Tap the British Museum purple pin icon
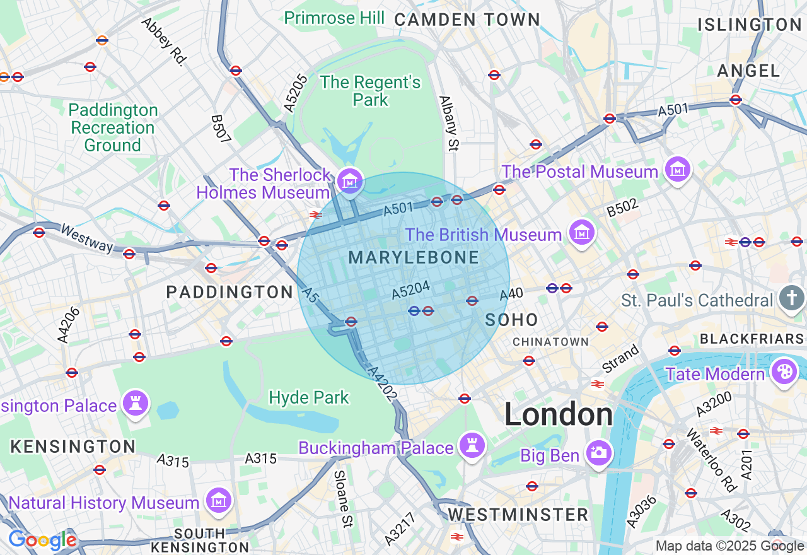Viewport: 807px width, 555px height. tap(581, 233)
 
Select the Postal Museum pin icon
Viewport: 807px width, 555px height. tap(678, 169)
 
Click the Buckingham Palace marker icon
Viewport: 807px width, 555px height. tap(472, 445)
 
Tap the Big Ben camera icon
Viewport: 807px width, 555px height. tap(598, 452)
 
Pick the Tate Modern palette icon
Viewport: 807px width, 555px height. tap(784, 371)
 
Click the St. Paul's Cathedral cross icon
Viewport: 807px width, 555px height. tap(791, 298)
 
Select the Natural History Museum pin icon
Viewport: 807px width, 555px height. tap(219, 501)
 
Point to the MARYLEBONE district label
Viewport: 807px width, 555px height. tap(413, 257)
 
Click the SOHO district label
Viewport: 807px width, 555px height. tap(511, 320)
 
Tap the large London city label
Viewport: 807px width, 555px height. tap(559, 415)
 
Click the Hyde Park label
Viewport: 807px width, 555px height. tap(308, 398)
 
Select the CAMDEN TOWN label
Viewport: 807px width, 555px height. tap(467, 20)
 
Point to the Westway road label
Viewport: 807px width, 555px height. tap(86, 238)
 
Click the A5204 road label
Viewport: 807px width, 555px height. tap(410, 289)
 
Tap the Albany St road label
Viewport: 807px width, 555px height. tap(448, 124)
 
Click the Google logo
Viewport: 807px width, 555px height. tap(42, 540)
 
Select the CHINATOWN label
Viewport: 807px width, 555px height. tap(550, 342)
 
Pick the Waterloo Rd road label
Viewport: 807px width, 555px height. tap(712, 461)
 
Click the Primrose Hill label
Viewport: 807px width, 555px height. tap(334, 18)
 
